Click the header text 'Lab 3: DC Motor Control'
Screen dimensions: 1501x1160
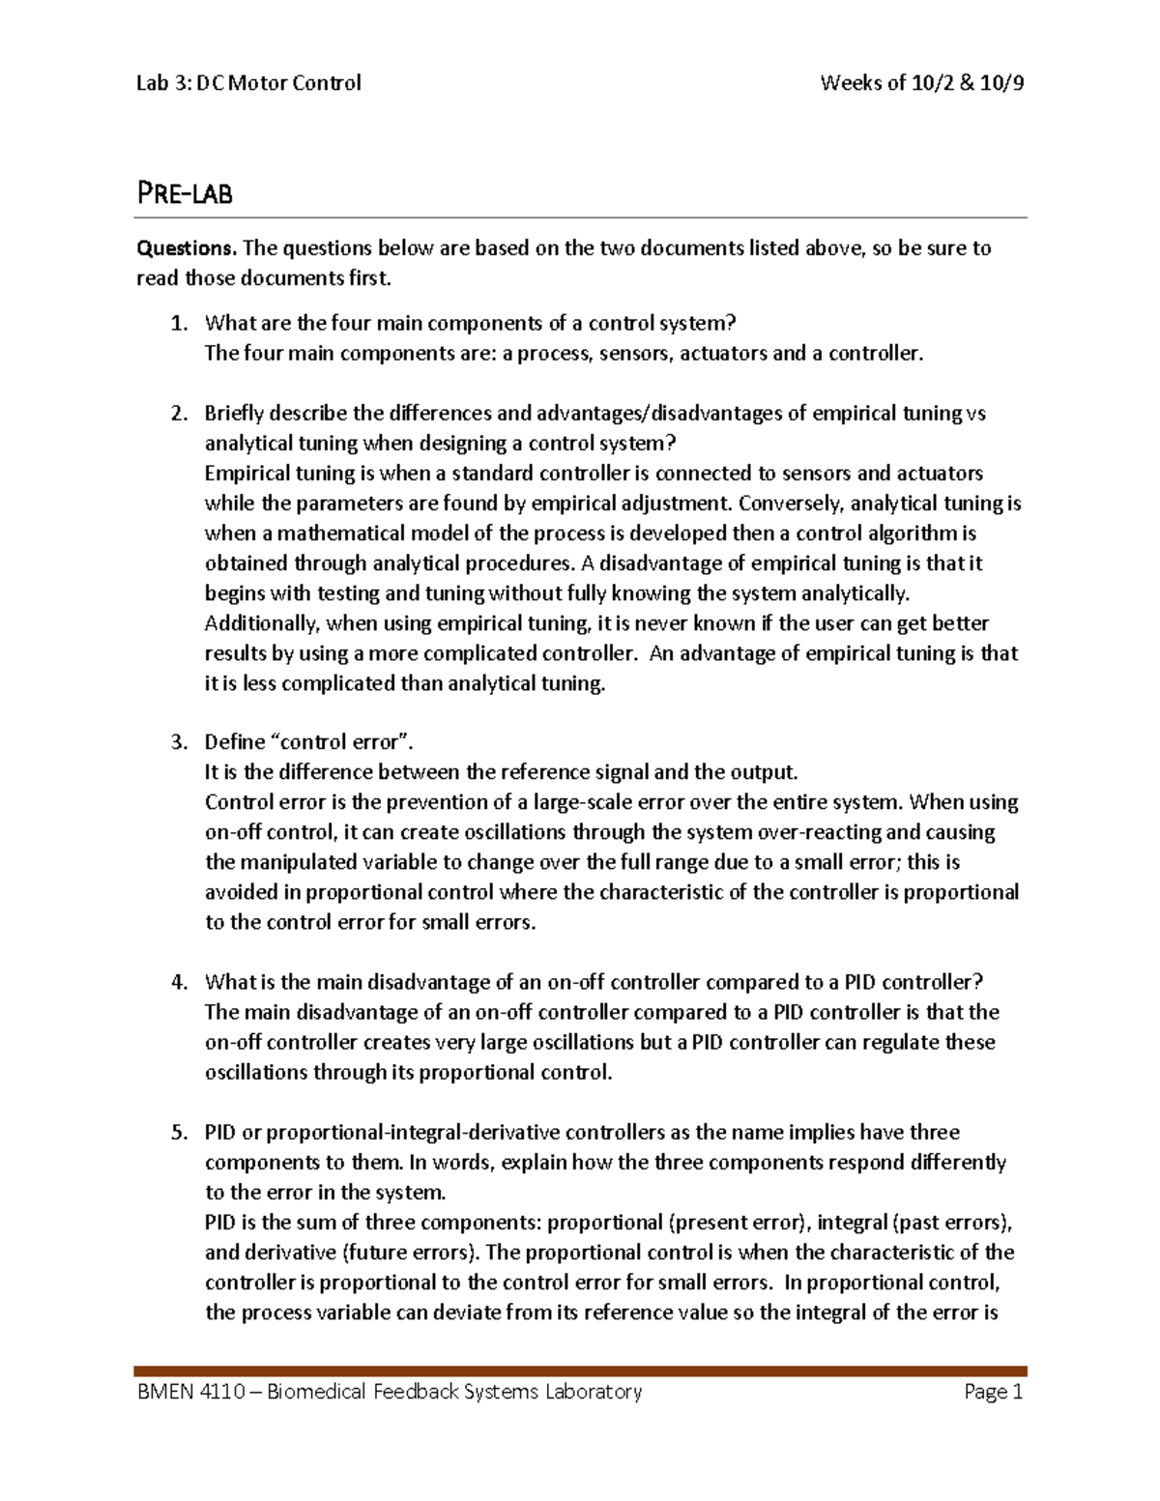coord(248,83)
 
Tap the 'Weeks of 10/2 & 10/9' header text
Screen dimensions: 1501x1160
coord(921,83)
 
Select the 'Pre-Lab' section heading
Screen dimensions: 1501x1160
coord(185,194)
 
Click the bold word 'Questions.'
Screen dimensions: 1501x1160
coord(187,248)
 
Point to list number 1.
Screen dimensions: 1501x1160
coord(178,324)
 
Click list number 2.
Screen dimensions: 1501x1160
coord(178,414)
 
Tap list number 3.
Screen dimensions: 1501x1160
coord(178,742)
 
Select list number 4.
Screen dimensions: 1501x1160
coord(178,983)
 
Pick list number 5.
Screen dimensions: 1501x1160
coord(178,1133)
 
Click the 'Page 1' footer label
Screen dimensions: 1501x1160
coord(993,1392)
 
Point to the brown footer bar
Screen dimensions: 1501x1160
coord(580,1371)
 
